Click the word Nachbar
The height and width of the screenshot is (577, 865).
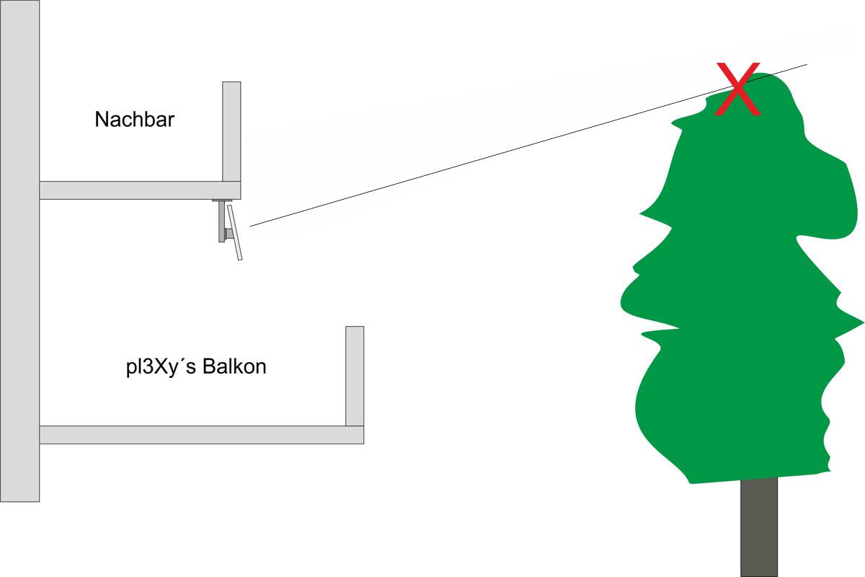click(134, 120)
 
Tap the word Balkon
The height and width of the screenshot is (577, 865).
click(234, 366)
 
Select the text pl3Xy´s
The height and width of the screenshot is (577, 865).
click(161, 368)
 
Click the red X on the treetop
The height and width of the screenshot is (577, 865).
click(738, 89)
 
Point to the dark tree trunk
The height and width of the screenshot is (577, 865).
click(759, 527)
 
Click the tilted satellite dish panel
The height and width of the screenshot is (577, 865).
click(235, 233)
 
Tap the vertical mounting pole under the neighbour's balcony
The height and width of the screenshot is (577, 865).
click(222, 221)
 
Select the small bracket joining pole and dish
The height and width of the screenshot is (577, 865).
click(229, 234)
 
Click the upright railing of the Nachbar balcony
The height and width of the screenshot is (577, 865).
click(231, 131)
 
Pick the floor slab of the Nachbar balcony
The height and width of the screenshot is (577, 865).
click(140, 190)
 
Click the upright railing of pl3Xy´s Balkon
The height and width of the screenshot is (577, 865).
click(355, 376)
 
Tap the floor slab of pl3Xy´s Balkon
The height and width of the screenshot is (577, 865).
click(202, 435)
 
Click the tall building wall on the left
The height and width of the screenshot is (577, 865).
click(19, 251)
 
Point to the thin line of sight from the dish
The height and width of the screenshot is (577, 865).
click(528, 145)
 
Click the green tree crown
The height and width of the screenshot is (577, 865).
click(742, 278)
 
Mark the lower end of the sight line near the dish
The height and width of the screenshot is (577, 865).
click(250, 226)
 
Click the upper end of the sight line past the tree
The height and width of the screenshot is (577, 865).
click(807, 64)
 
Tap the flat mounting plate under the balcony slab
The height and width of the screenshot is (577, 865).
click(222, 201)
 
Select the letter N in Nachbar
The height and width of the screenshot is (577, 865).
click(101, 120)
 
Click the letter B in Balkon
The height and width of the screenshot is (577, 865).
click(208, 366)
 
